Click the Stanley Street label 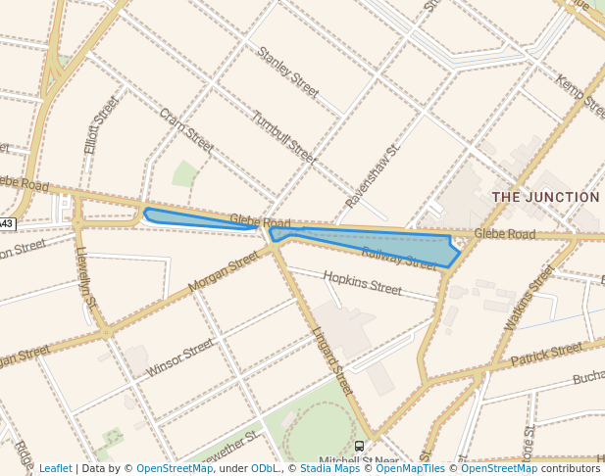[288, 71]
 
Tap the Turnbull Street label [283, 137]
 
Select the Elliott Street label [101, 124]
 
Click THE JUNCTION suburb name [545, 197]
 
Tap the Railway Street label [398, 259]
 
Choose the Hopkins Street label [362, 283]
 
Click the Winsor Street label [179, 358]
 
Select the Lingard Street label [332, 359]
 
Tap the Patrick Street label [546, 355]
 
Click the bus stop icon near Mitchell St [360, 446]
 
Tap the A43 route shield [6, 223]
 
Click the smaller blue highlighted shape [196, 217]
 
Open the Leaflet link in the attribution [56, 468]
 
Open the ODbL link [266, 468]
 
